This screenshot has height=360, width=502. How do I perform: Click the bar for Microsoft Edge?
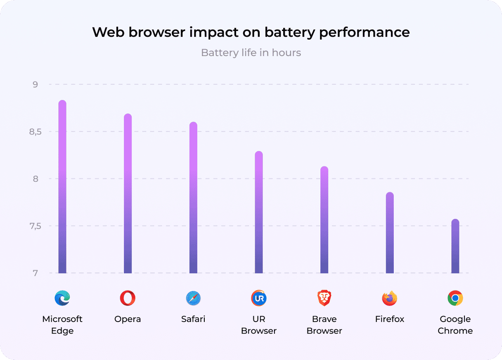(62, 187)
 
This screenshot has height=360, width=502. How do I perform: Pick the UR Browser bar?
(259, 212)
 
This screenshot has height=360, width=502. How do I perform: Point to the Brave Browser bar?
(324, 220)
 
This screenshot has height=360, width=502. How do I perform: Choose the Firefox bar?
(390, 233)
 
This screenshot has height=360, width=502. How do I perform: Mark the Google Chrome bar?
(455, 246)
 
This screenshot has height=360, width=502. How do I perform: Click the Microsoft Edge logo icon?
(62, 298)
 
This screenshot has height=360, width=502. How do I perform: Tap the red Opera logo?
(128, 298)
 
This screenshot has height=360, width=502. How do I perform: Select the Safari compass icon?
(193, 298)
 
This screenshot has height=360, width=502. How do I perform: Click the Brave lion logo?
(324, 298)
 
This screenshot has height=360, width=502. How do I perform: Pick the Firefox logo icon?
(390, 298)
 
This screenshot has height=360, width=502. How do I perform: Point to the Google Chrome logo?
(455, 298)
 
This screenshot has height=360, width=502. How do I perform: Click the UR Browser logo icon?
(259, 298)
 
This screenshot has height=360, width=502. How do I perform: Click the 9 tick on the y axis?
(35, 85)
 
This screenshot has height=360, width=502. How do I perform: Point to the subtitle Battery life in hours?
(251, 53)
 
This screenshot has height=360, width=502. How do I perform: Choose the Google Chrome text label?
(455, 325)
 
